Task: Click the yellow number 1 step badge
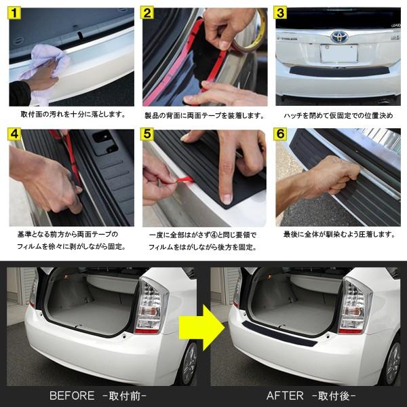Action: [14, 13]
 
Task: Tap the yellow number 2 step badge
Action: [147, 13]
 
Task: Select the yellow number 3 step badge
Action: [280, 12]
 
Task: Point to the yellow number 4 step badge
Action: [14, 134]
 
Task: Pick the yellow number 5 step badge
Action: [147, 134]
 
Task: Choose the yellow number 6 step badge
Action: [280, 134]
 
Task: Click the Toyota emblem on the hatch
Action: [339, 37]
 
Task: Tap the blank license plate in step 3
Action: [339, 54]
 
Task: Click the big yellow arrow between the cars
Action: [202, 328]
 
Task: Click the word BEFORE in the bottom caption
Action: [72, 395]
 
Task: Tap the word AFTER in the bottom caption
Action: [285, 395]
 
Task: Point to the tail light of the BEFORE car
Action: [151, 307]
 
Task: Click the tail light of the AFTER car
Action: [354, 307]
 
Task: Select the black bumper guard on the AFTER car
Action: [279, 334]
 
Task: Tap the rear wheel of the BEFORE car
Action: [189, 364]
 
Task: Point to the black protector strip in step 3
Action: [340, 71]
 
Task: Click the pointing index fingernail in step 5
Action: [227, 199]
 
